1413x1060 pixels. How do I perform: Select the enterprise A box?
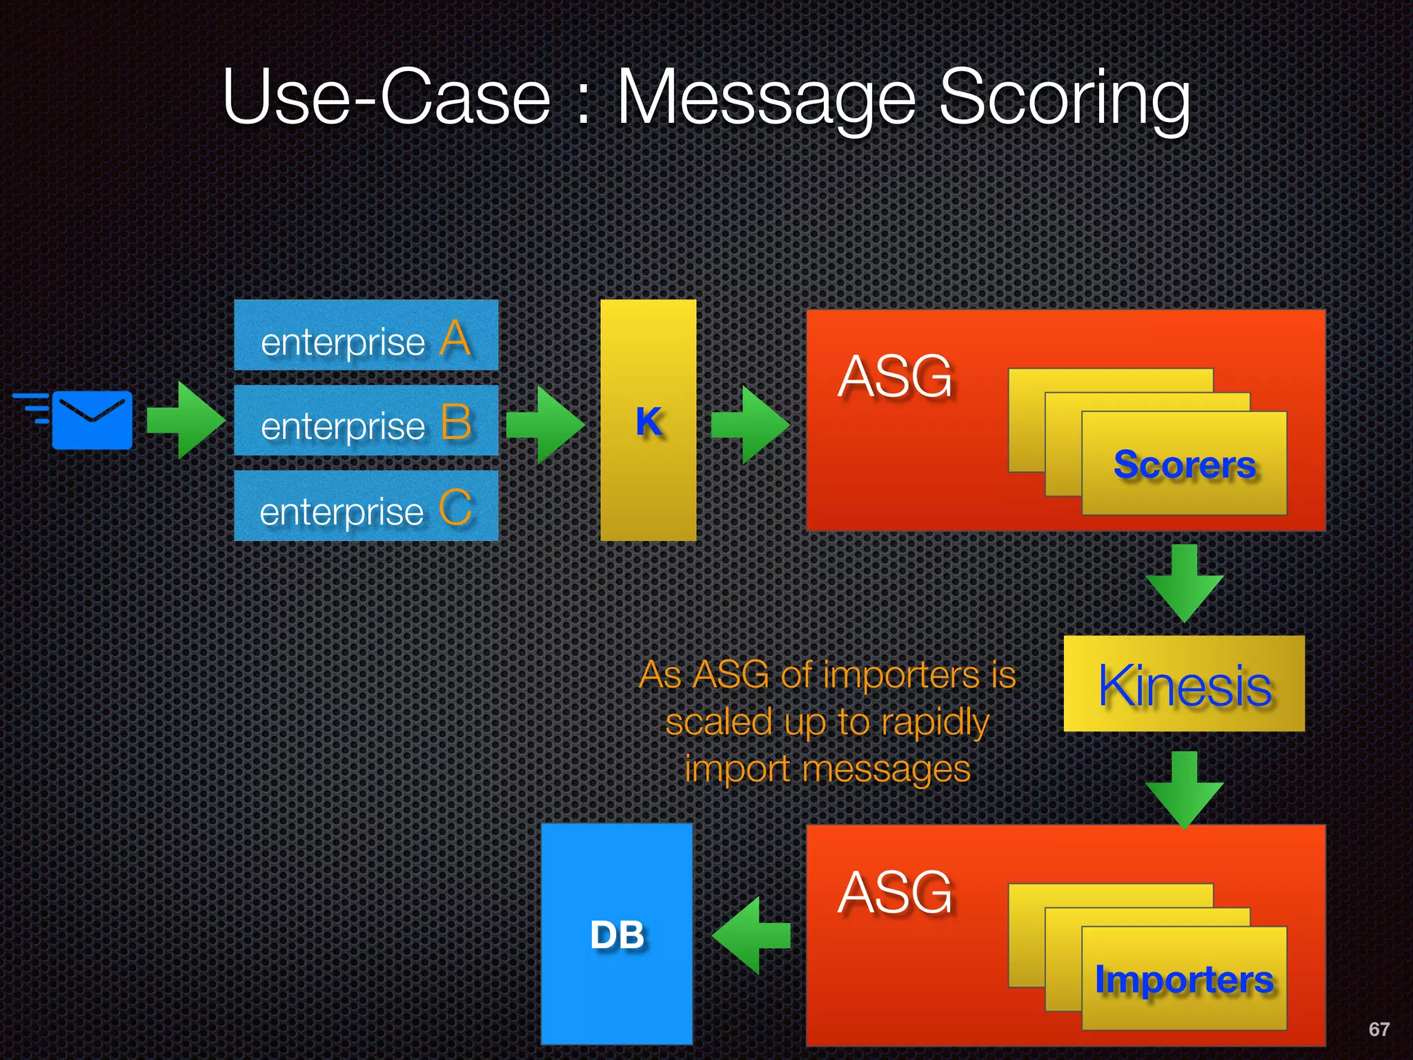(x=366, y=336)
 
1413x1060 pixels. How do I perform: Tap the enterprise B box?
(x=366, y=421)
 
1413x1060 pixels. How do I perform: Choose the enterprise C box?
(x=366, y=507)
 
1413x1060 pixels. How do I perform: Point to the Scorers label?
(x=1184, y=464)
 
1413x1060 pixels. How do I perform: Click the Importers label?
(x=1184, y=979)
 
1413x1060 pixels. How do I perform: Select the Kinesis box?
(x=1184, y=684)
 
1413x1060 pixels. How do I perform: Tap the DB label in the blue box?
(x=617, y=936)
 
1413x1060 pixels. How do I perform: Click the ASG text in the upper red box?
(x=895, y=377)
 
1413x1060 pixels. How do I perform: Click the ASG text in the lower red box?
(x=895, y=892)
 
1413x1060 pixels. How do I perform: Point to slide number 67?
(x=1379, y=1029)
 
